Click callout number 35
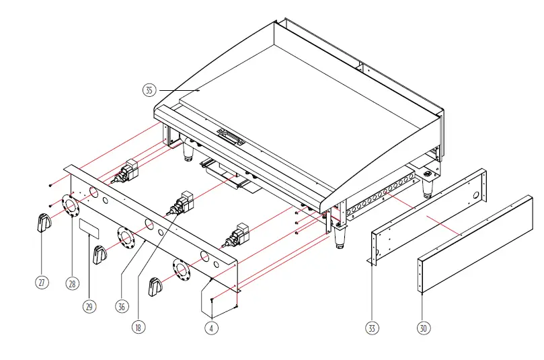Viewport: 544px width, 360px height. [149, 89]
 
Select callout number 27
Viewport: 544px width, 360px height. [42, 283]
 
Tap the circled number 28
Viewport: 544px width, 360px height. [72, 283]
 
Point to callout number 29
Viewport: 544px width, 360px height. [89, 306]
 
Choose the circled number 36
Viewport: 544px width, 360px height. [121, 306]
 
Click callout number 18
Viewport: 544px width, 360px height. [138, 328]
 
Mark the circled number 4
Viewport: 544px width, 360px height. [212, 328]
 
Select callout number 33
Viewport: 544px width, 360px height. [372, 328]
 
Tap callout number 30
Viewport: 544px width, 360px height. [422, 328]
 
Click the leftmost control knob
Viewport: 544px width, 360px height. [44, 223]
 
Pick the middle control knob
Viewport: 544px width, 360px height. [100, 256]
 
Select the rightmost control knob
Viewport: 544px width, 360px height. [155, 287]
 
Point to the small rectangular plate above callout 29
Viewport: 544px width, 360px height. [89, 228]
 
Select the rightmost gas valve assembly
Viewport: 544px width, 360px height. [239, 233]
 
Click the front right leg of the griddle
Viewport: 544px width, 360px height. [339, 236]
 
